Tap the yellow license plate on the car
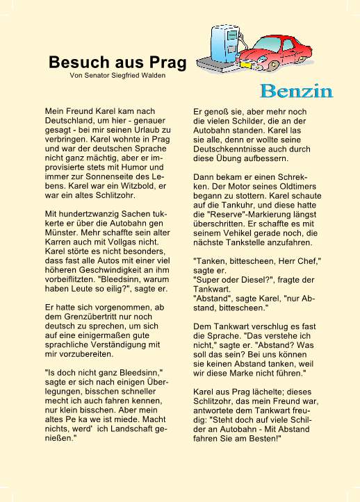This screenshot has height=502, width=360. coord(245,63)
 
